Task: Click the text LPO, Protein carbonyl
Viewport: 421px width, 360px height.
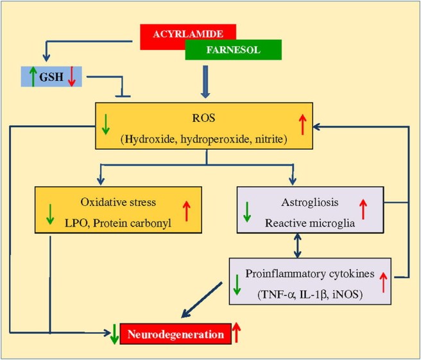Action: [x=120, y=221]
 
